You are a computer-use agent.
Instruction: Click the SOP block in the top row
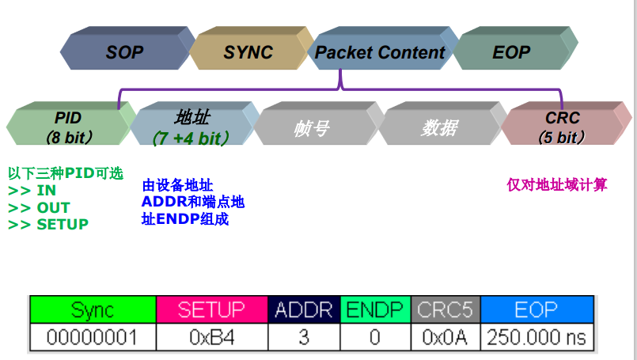coord(125,52)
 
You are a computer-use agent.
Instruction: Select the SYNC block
coord(248,52)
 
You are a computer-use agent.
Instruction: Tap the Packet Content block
coord(380,52)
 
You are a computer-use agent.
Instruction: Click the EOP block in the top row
coord(511,52)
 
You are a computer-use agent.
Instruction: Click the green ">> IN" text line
coord(32,191)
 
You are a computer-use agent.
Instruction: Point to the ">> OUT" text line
coord(40,207)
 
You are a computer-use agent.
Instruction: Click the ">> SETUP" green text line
coord(48,224)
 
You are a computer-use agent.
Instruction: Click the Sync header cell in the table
coord(93,309)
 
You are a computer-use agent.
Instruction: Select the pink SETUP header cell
coord(211,309)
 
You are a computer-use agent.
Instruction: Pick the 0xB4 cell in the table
coord(211,338)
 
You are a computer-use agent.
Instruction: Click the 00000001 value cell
coord(93,338)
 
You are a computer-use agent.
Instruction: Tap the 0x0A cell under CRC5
coord(446,338)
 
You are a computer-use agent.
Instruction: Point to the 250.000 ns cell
coord(537,338)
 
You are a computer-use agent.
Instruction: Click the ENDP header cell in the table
coord(376,309)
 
